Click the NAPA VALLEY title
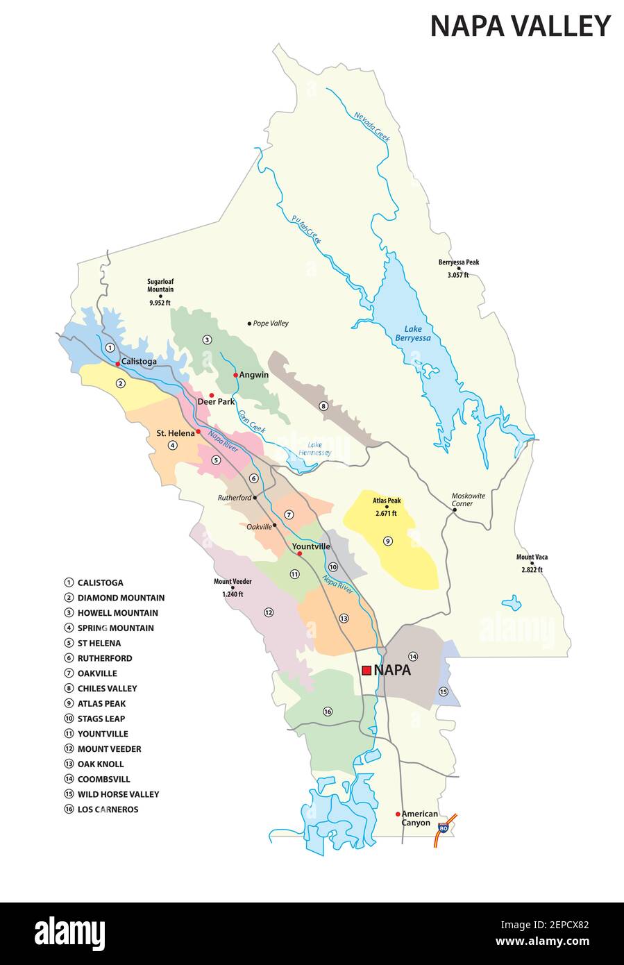[520, 26]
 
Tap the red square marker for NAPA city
[366, 671]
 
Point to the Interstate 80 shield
[444, 828]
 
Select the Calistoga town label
[139, 362]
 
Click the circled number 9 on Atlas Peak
[388, 540]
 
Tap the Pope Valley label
[270, 324]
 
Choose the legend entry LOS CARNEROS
[108, 809]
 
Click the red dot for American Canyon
[398, 814]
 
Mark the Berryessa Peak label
[458, 268]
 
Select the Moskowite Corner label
[468, 499]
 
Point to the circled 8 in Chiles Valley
[323, 405]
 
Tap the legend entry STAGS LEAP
[101, 719]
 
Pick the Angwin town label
[254, 375]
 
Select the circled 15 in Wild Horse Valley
[444, 691]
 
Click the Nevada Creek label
[372, 128]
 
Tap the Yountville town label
[311, 546]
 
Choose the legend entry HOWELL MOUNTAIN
[117, 613]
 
